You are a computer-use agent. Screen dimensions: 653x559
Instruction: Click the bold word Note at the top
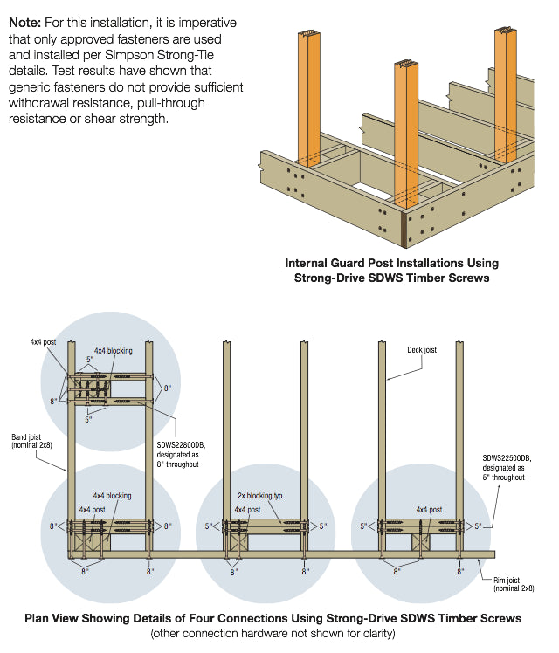click(25, 21)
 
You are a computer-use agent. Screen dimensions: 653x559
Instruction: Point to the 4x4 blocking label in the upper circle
click(114, 351)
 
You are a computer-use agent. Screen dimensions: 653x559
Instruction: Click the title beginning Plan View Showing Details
click(273, 618)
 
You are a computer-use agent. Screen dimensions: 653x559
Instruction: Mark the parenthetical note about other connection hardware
click(273, 632)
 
